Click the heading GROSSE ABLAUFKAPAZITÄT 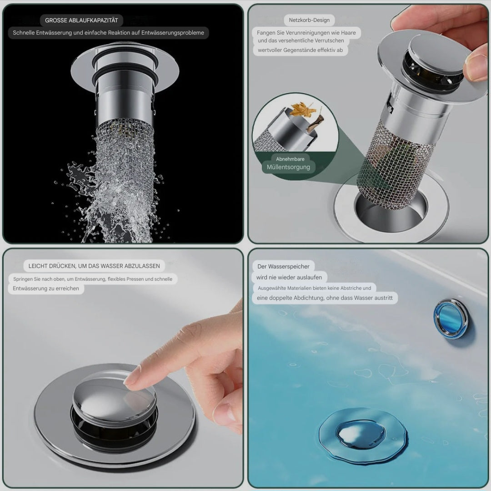(x=81, y=20)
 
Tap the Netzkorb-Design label (x=309, y=20)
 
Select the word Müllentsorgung (x=288, y=167)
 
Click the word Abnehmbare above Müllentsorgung (x=290, y=159)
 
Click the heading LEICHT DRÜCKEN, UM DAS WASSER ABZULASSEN (x=94, y=266)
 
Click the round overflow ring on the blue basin (x=451, y=318)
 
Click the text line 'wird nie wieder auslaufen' (x=289, y=277)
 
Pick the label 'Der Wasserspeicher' (x=283, y=266)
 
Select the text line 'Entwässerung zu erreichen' (x=46, y=289)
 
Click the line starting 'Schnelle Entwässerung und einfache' (x=108, y=33)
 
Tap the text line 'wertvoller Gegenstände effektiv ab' (x=300, y=51)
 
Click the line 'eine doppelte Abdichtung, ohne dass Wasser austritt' (x=325, y=298)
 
